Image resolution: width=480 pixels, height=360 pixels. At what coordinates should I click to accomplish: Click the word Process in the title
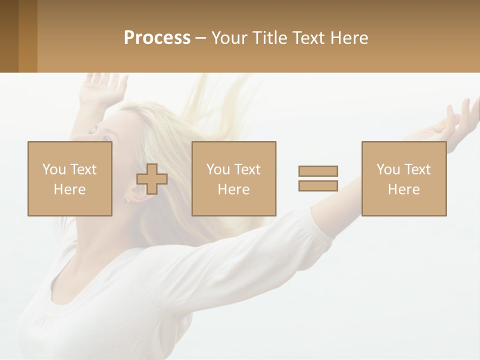tap(157, 38)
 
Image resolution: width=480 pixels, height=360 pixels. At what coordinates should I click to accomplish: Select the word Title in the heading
tap(270, 38)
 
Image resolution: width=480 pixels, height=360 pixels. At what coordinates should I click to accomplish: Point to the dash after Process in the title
tap(200, 38)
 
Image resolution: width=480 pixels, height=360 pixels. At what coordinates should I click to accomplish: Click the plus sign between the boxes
tap(152, 178)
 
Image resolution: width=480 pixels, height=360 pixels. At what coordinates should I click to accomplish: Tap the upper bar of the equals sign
tap(318, 171)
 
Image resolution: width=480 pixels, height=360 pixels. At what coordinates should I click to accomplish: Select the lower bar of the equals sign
tap(318, 185)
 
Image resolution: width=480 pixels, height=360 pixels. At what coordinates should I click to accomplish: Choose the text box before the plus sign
tap(70, 178)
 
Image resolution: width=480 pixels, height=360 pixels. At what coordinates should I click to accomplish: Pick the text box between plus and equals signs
tap(234, 178)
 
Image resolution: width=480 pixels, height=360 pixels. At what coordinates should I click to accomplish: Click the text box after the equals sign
tap(404, 178)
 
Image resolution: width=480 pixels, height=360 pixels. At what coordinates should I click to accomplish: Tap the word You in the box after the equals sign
tap(388, 169)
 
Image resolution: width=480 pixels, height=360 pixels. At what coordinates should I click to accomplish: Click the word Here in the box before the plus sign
tap(69, 189)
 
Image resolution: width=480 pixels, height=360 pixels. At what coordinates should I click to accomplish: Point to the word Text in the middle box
tap(247, 169)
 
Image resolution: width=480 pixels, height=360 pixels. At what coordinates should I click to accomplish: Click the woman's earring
tap(127, 201)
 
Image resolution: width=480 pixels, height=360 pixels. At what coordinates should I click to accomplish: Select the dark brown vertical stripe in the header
tap(9, 36)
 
